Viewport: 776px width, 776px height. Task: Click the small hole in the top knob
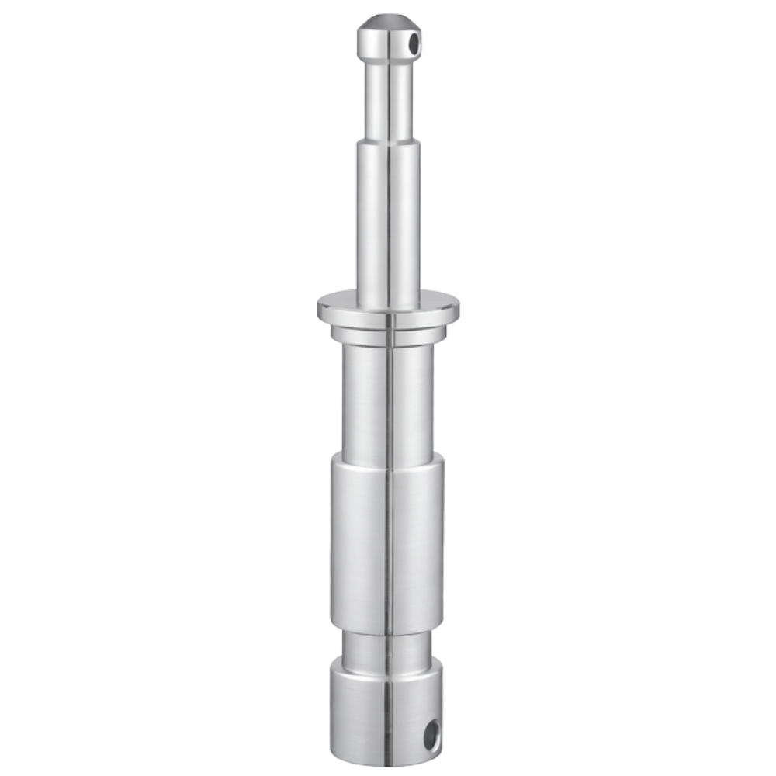coord(414,43)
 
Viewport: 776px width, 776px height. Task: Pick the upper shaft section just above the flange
coord(388,225)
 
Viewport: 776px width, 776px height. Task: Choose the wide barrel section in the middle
coord(365,543)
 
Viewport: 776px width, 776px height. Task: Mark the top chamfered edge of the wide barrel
coord(388,458)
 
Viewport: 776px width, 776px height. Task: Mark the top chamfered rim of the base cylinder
coord(388,662)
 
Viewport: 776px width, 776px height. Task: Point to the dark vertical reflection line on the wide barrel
coord(389,543)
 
